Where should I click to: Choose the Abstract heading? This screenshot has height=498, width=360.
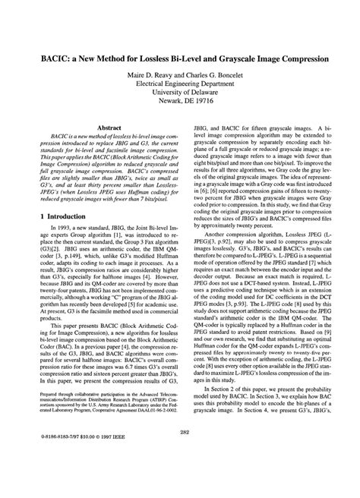(x=106, y=130)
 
